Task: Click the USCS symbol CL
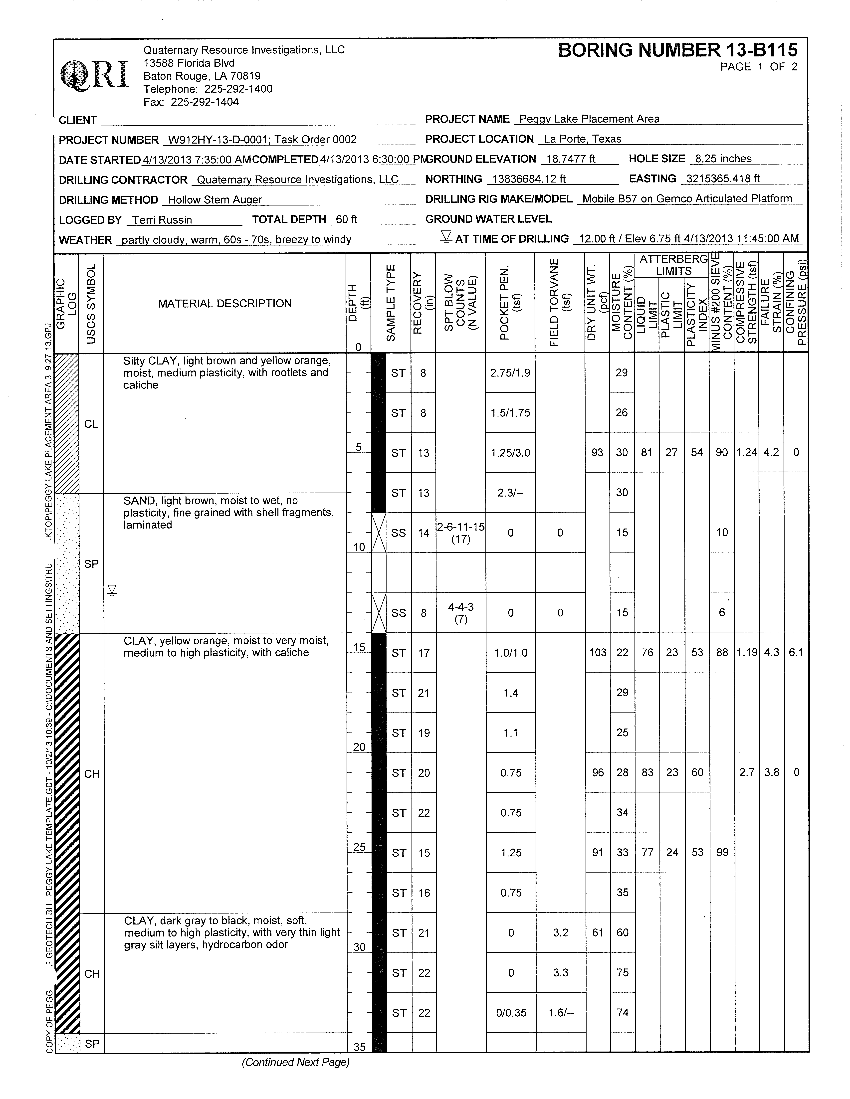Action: [91, 424]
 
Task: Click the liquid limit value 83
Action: [647, 772]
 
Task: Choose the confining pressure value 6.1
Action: [796, 653]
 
